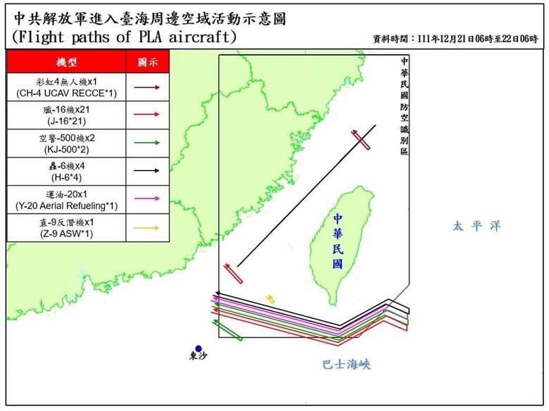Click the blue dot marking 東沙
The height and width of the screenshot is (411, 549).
tap(199, 348)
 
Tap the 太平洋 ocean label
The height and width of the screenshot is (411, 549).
tap(477, 227)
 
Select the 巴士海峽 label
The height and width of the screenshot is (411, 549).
tap(346, 365)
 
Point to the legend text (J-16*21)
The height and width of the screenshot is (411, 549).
tap(67, 121)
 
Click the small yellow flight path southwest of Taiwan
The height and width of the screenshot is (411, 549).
tap(270, 299)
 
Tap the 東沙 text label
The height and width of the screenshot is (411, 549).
tap(199, 358)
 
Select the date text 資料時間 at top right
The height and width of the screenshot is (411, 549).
tap(457, 39)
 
